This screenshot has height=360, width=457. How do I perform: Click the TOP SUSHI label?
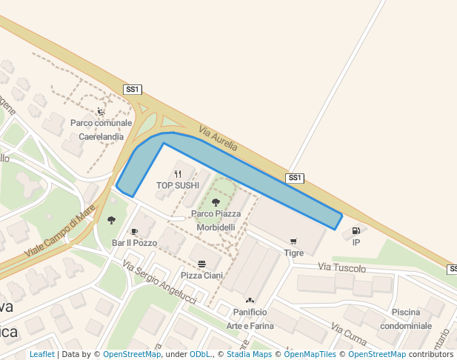(178, 185)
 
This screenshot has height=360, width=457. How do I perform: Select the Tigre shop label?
(293, 253)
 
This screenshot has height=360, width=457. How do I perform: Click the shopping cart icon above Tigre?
(293, 241)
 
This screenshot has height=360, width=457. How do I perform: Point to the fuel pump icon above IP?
(356, 231)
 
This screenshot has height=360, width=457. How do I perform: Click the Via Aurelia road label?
(219, 139)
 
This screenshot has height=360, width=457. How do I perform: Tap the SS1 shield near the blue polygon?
(296, 178)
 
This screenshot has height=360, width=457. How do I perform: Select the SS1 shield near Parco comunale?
(133, 90)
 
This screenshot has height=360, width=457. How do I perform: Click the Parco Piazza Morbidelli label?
(216, 220)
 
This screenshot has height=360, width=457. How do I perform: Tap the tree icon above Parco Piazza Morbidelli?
(216, 202)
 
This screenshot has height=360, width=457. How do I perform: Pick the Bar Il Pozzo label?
(134, 243)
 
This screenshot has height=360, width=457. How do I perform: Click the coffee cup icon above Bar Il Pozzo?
(134, 232)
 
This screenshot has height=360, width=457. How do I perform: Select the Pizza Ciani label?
(201, 276)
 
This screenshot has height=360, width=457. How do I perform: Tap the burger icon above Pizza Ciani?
(201, 264)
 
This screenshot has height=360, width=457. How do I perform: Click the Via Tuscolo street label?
(341, 267)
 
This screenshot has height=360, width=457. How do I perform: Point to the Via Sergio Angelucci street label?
(159, 283)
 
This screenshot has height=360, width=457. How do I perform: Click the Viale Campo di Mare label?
(59, 231)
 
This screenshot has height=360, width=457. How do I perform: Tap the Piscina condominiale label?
(406, 319)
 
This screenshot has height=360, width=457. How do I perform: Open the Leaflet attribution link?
(41, 355)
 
